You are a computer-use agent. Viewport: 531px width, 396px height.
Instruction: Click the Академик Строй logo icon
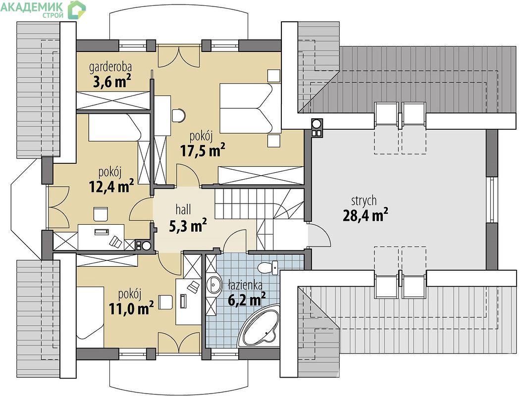[x=77, y=10]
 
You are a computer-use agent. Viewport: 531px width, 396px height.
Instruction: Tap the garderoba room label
[x=110, y=67]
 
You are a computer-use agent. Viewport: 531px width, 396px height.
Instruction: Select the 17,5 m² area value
[x=203, y=150]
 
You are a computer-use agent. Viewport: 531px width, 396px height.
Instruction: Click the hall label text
[x=183, y=209]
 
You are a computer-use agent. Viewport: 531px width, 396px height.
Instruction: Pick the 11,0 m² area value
[x=131, y=308]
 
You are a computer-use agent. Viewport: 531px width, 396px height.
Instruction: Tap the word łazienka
[x=245, y=285]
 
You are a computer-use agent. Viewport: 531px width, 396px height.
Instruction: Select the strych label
[x=364, y=201]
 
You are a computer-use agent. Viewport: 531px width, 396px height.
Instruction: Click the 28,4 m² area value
[x=366, y=215]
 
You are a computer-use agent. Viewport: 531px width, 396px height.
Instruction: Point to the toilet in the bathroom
[x=267, y=267]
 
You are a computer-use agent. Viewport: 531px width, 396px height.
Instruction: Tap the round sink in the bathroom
[x=213, y=285]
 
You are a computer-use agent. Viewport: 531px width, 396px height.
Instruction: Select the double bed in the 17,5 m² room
[x=250, y=108]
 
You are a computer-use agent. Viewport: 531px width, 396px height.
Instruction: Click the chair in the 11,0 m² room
[x=165, y=302]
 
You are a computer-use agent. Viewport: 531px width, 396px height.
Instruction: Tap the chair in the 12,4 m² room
[x=101, y=214]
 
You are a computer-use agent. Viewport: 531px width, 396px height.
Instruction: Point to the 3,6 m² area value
[x=112, y=82]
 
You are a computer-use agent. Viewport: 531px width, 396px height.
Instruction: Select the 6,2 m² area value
[x=247, y=299]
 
